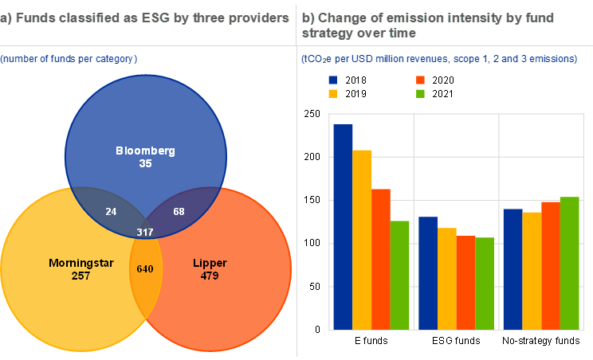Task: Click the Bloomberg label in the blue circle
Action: tap(145, 151)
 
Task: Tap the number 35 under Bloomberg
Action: tap(145, 163)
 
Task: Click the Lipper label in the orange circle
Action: tap(210, 263)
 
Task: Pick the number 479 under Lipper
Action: tap(210, 276)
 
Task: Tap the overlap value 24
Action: tap(111, 211)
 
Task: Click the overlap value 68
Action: tap(179, 211)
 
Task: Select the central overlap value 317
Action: tap(144, 232)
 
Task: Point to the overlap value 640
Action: tap(144, 268)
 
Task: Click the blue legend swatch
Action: tap(332, 80)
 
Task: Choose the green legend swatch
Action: tap(420, 93)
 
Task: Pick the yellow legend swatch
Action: tap(332, 93)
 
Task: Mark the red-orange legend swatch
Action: tap(420, 80)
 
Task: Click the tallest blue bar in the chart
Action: tap(343, 227)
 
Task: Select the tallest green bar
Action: tap(569, 263)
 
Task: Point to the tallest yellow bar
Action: tap(362, 239)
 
